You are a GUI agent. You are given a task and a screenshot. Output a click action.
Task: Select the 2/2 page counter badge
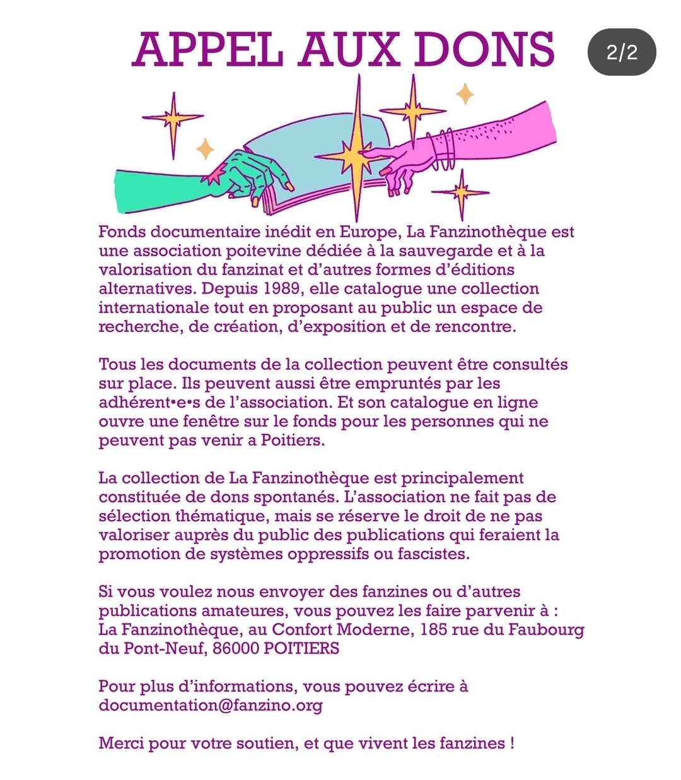(622, 52)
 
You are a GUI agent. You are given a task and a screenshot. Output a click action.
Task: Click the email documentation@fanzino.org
(211, 706)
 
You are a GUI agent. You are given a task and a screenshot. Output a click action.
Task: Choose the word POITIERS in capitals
(301, 649)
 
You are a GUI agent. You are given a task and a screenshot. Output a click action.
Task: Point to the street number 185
(433, 630)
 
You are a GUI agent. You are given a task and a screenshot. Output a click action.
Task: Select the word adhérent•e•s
(149, 403)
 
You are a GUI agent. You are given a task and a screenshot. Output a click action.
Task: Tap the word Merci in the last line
(121, 743)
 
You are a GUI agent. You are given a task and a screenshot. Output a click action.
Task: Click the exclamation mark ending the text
(511, 743)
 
